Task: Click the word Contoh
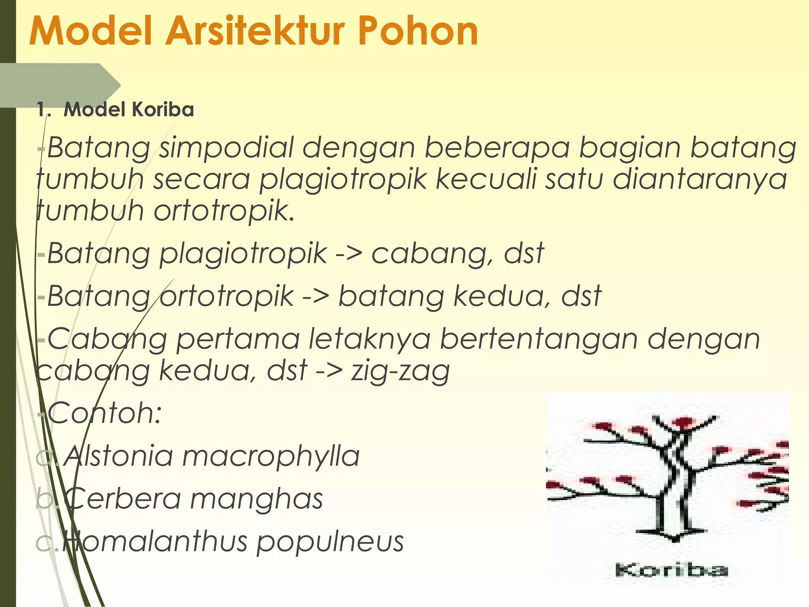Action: [x=104, y=413]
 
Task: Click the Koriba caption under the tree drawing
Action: [x=671, y=570]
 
